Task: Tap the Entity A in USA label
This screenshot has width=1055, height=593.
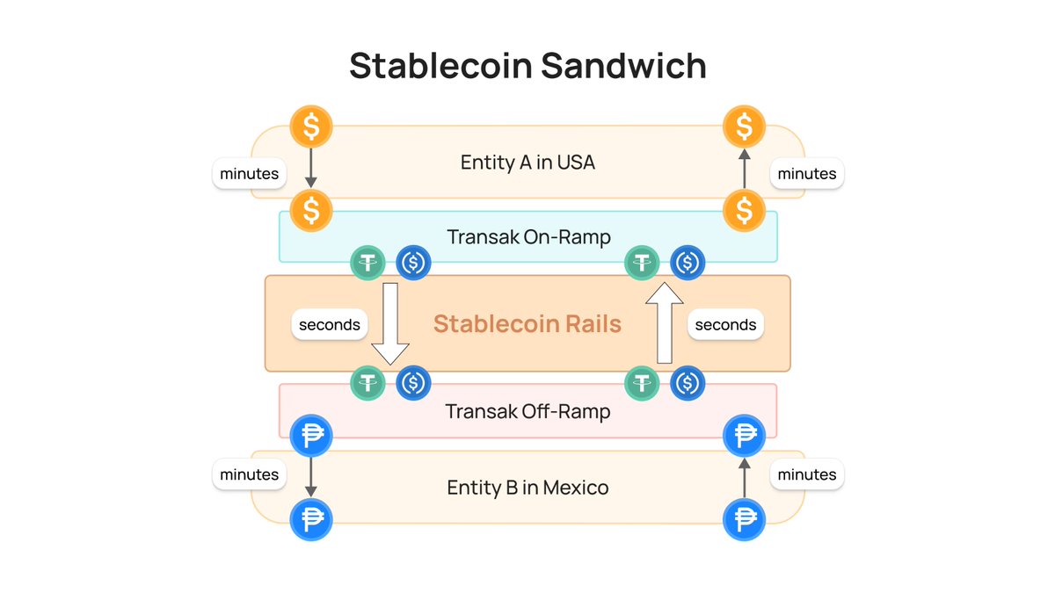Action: [x=527, y=162]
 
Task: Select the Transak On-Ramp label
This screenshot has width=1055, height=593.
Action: [x=528, y=237]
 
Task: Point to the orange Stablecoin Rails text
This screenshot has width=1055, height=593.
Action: [x=527, y=324]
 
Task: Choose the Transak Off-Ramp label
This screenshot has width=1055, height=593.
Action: [x=527, y=411]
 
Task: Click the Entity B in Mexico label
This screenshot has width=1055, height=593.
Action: [x=527, y=487]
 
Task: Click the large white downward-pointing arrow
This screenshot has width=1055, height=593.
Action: [x=389, y=322]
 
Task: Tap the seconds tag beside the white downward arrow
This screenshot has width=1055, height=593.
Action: [x=330, y=325]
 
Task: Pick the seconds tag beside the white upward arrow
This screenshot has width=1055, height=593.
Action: [x=725, y=325]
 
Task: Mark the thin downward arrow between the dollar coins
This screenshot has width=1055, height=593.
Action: [x=311, y=168]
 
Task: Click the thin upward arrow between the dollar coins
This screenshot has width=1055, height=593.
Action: [x=744, y=168]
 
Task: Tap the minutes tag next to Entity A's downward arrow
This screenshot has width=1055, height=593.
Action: [x=250, y=174]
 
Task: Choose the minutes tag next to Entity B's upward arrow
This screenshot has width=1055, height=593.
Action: [x=807, y=475]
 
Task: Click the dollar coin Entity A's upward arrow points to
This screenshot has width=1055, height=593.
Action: [x=744, y=127]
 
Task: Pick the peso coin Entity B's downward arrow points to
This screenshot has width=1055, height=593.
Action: [x=311, y=519]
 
